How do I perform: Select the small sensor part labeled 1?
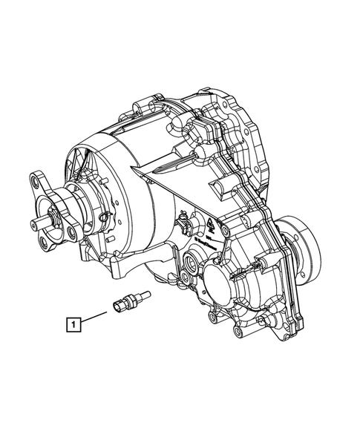point(128,303)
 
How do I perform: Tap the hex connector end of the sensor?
point(121,306)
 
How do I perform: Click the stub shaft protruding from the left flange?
point(40,222)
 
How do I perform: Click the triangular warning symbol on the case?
point(212,222)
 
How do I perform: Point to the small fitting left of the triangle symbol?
point(183,223)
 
